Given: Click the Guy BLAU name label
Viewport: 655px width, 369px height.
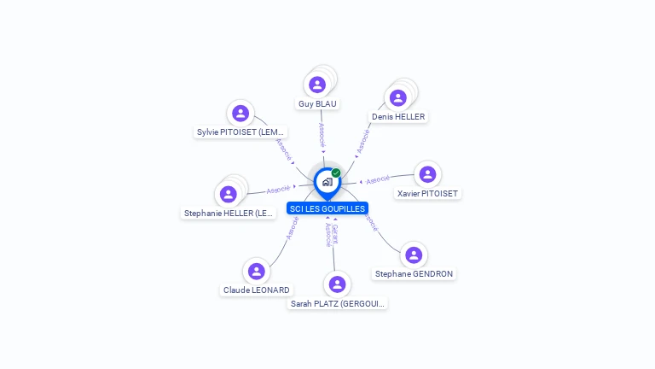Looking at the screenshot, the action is tap(317, 104).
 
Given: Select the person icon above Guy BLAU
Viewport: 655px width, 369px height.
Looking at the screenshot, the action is tap(317, 85).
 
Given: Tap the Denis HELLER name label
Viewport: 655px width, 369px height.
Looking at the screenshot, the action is tap(398, 117).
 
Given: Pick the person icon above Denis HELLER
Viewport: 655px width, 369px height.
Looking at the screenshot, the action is tap(397, 97).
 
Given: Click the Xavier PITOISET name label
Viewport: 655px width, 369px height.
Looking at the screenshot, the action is tap(428, 194).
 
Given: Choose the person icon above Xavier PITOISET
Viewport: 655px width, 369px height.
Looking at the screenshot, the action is tap(427, 174).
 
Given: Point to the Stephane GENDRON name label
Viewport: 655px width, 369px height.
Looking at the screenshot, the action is tap(414, 274).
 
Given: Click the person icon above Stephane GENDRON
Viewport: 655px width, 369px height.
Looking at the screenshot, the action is tap(414, 255).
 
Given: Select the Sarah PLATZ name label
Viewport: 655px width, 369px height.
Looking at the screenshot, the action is tap(338, 303).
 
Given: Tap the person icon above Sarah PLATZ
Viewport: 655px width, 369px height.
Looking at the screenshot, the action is tap(337, 284).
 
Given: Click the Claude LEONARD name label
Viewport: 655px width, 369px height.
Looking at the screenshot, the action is tap(257, 290).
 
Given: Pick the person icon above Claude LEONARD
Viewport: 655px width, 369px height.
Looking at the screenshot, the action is tap(256, 272).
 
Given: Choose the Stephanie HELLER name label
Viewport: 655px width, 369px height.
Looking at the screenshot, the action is tap(229, 214).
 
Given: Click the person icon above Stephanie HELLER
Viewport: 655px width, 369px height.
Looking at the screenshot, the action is tap(229, 194).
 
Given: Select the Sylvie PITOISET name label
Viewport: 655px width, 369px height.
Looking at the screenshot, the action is tap(241, 132).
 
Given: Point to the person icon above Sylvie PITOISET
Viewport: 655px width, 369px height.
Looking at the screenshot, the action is tap(241, 113).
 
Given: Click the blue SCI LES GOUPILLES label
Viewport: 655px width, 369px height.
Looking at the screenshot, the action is tap(327, 208).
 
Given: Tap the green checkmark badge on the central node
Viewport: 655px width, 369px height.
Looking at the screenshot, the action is tap(336, 173).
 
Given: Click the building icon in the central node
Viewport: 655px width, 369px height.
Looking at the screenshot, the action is tap(327, 182).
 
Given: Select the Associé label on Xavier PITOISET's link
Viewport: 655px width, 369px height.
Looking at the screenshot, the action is tap(377, 179).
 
